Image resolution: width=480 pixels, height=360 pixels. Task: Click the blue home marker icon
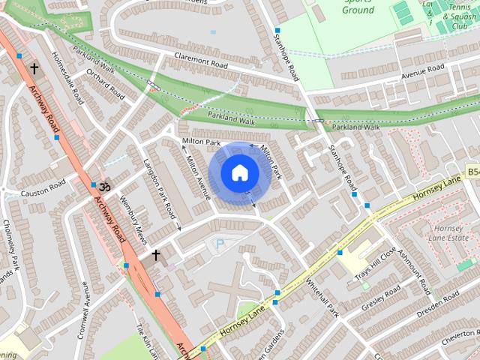tap(239, 173)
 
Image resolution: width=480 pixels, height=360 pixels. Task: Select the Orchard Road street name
tap(105, 85)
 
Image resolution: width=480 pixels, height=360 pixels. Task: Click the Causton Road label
tap(43, 192)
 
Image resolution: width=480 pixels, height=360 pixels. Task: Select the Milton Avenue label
tap(198, 177)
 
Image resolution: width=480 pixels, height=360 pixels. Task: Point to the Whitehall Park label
tap(323, 298)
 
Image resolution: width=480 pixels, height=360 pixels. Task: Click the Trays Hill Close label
tap(376, 263)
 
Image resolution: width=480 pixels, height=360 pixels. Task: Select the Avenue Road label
tap(423, 70)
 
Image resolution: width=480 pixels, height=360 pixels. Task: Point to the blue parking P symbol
tap(220, 244)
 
